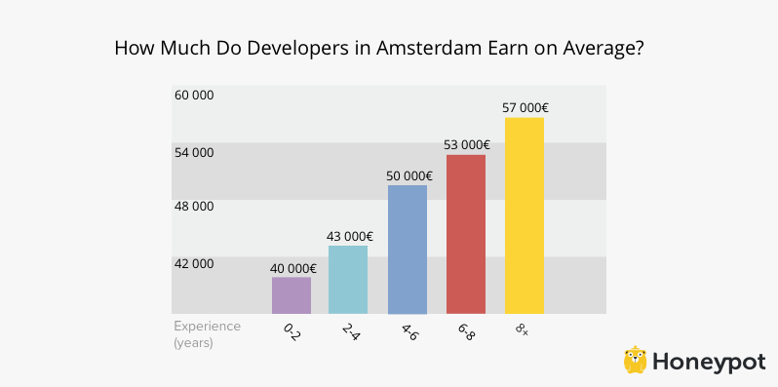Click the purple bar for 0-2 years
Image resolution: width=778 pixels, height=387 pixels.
[x=292, y=295]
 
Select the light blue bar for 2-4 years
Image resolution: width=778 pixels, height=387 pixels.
[x=348, y=280]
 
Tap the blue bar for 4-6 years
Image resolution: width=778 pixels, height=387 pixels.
[x=408, y=250]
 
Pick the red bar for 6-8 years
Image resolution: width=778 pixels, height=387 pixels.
[x=466, y=234]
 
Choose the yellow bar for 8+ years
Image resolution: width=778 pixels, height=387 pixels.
[x=524, y=215]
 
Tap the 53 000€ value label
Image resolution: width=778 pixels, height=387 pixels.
[x=466, y=145]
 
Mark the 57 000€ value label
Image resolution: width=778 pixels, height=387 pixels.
[x=525, y=107]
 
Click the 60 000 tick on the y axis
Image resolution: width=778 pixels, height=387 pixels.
[x=194, y=96]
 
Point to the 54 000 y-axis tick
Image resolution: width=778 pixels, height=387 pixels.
[x=194, y=152]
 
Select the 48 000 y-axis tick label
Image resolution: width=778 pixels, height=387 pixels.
[x=194, y=207]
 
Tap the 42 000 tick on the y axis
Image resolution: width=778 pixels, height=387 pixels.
[x=194, y=263]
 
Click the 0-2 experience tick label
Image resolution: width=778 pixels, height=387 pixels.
[x=292, y=332]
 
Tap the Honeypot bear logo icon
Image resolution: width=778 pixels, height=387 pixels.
[x=637, y=360]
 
